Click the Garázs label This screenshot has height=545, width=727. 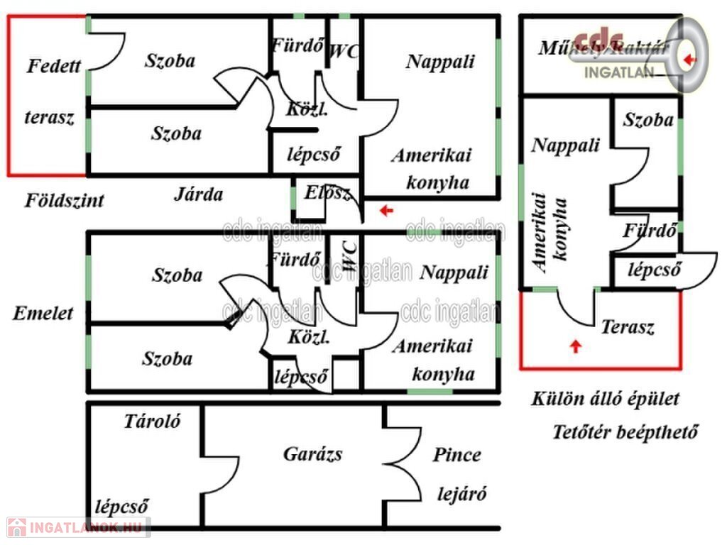312,453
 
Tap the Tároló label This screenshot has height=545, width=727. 153,421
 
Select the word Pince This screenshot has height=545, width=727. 457,455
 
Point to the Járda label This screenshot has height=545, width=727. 199,194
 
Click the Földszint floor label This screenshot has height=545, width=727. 65,199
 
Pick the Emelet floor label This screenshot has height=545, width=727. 43,313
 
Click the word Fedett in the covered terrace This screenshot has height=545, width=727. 54,67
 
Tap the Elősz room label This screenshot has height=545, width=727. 327,192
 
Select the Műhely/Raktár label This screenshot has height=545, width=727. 603,48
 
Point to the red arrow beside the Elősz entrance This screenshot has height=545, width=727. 386,210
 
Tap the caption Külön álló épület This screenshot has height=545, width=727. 605,399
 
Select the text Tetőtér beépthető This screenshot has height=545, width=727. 625,432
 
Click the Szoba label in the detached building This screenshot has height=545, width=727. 648,120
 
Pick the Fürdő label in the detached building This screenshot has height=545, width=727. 648,231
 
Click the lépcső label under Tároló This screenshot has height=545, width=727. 122,507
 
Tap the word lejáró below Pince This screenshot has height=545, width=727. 461,494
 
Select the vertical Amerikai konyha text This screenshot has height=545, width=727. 550,231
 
